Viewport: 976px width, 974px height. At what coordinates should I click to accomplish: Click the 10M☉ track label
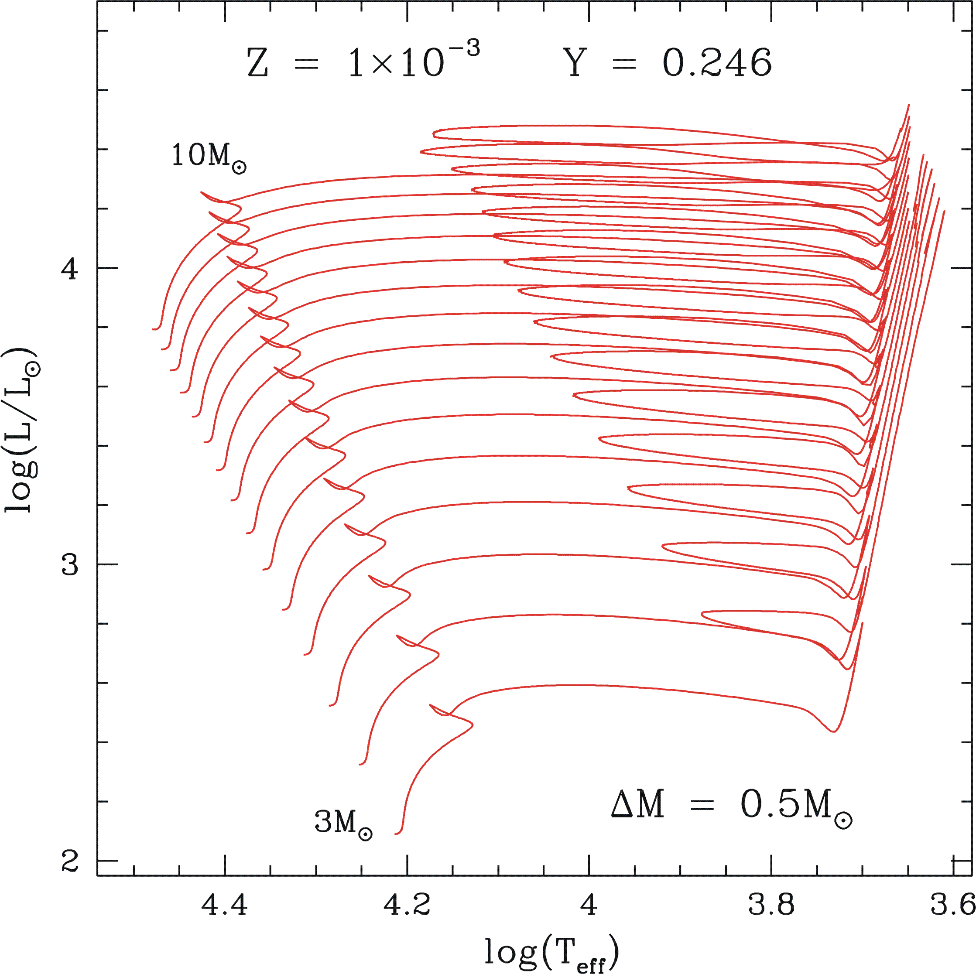click(x=209, y=157)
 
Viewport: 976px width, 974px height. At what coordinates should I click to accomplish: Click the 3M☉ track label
click(x=343, y=823)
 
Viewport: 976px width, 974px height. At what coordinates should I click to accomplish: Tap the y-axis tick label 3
click(x=70, y=564)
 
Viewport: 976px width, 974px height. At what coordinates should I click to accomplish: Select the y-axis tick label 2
click(x=70, y=861)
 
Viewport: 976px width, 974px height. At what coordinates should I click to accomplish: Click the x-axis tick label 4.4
click(x=225, y=904)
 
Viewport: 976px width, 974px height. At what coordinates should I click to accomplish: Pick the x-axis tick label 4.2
click(x=407, y=904)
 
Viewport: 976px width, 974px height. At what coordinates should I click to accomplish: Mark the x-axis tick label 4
click(x=589, y=904)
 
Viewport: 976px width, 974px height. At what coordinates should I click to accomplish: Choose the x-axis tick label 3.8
click(x=771, y=904)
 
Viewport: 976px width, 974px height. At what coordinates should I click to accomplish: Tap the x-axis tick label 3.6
click(x=953, y=904)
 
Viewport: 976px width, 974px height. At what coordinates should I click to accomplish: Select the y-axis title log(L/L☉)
click(x=21, y=430)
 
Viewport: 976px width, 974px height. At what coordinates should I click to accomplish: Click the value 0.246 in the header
click(x=717, y=64)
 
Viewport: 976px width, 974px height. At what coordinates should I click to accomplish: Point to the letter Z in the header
click(x=258, y=64)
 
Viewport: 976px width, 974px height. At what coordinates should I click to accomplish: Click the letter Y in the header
click(x=575, y=64)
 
